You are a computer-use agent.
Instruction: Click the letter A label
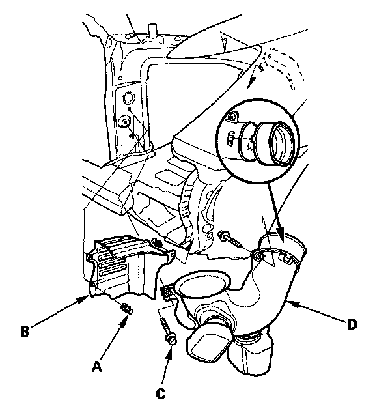[97, 366]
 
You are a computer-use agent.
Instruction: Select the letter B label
[25, 332]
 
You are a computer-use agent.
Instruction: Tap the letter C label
[161, 393]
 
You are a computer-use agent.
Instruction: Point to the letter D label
[352, 325]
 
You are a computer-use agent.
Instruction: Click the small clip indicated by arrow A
[127, 308]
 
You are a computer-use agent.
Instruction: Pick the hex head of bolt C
[171, 340]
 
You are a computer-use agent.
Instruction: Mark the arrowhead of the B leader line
[85, 298]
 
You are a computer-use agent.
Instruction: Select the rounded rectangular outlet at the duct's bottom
[208, 345]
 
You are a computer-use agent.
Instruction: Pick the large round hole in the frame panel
[129, 98]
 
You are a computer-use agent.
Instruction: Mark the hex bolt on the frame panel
[126, 122]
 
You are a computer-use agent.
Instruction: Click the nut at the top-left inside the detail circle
[232, 116]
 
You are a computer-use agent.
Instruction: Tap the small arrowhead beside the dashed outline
[251, 81]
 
